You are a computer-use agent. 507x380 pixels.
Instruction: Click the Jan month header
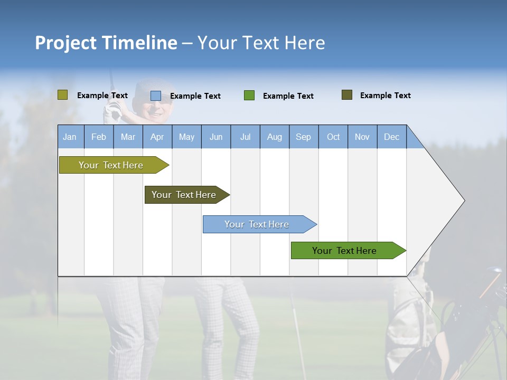pos(70,137)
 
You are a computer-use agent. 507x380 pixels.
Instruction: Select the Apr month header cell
pos(157,137)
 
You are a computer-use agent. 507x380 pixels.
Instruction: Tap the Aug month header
pos(275,137)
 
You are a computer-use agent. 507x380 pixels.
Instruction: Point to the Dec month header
pos(391,137)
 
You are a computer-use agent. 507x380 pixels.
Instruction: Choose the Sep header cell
pos(304,137)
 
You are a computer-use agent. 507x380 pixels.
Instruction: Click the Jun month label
pos(216,137)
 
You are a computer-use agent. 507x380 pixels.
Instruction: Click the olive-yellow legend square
pos(62,95)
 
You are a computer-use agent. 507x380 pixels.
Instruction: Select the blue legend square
pos(156,96)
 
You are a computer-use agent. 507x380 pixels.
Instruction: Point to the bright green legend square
pos(249,96)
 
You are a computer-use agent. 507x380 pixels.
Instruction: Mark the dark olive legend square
pos(347,95)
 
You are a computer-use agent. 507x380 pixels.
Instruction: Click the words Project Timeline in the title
pos(106,43)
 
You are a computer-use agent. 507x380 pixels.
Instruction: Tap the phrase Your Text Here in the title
pos(261,43)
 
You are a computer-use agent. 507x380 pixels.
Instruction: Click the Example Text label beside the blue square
pos(195,96)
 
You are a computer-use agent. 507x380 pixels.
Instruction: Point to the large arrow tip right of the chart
pos(454,201)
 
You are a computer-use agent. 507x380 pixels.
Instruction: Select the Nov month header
pos(362,137)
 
